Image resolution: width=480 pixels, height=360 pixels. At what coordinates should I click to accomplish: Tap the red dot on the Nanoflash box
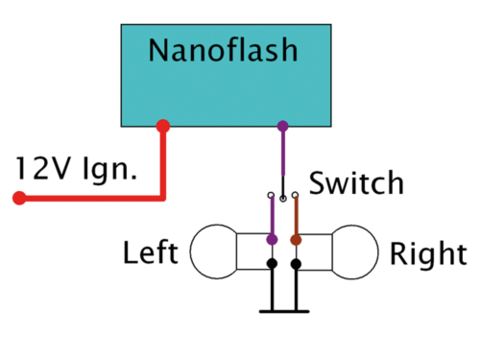coord(163,126)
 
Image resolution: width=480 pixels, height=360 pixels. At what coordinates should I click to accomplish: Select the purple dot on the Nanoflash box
coord(282,126)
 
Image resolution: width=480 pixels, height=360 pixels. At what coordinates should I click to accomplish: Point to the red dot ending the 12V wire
coord(18,199)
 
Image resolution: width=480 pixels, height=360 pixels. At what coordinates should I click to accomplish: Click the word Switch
coord(356,182)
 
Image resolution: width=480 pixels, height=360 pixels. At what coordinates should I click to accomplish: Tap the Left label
coord(151,253)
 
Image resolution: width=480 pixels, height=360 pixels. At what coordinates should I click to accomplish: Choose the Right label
coord(426,253)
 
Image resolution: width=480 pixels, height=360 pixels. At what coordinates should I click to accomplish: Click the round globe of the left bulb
coord(214,251)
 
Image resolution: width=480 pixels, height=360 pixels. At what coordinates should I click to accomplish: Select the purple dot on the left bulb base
coord(272,238)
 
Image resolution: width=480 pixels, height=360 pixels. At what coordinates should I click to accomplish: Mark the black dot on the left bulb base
coord(272,263)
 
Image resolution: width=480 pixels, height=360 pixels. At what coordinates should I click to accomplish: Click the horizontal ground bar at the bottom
coord(284,311)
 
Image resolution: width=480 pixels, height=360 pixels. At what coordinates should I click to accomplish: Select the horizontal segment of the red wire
coord(91,199)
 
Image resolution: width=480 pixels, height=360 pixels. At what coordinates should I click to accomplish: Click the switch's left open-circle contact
coord(272,199)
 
